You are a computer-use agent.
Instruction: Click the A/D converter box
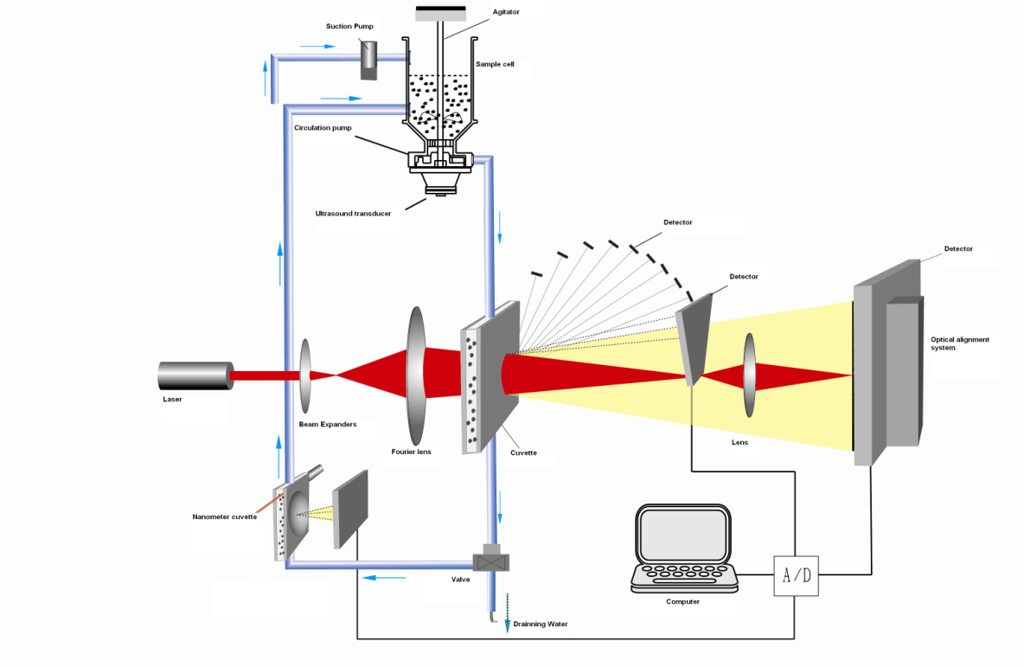796,577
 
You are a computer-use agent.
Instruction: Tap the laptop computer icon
685,548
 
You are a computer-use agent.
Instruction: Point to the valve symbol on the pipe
494,560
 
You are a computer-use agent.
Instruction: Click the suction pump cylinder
369,60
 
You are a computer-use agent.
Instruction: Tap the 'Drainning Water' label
541,624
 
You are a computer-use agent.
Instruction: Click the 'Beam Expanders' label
328,425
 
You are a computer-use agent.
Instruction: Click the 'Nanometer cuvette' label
224,516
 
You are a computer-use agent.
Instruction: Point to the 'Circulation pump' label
323,128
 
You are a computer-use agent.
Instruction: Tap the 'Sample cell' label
495,64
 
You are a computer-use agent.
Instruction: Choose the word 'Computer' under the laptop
683,601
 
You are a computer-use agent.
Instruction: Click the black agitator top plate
441,13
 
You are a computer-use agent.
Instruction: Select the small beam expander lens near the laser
306,375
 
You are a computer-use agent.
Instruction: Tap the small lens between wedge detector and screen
749,376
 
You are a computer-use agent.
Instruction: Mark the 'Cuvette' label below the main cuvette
523,452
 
